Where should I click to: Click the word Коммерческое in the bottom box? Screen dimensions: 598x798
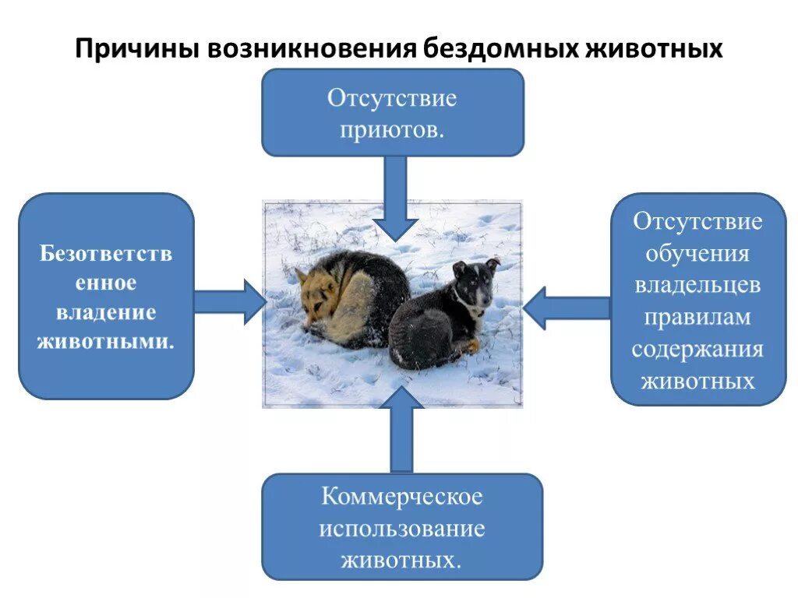[401, 496]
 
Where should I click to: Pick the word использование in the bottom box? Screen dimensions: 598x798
[401, 529]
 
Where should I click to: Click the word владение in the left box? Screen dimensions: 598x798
[106, 312]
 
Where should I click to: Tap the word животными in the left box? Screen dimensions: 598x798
[106, 341]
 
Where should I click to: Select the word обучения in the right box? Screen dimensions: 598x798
[697, 254]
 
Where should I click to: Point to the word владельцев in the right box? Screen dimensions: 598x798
[697, 285]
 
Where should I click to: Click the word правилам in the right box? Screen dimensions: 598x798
[697, 317]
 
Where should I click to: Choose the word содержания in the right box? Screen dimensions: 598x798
[697, 349]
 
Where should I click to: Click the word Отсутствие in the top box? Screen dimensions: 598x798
[392, 98]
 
